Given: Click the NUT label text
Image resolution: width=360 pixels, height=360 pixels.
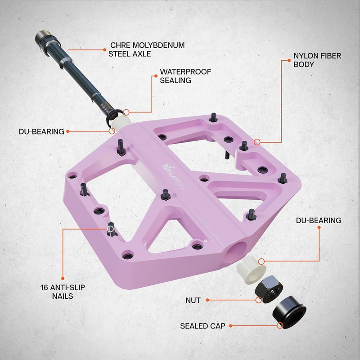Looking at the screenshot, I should pos(193,300).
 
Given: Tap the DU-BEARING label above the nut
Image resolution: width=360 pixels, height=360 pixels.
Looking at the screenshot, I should pos(318,220).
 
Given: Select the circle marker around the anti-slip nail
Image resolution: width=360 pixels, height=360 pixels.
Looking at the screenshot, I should pos(111,229).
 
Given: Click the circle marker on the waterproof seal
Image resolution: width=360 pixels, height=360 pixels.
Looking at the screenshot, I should pos(126,112).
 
